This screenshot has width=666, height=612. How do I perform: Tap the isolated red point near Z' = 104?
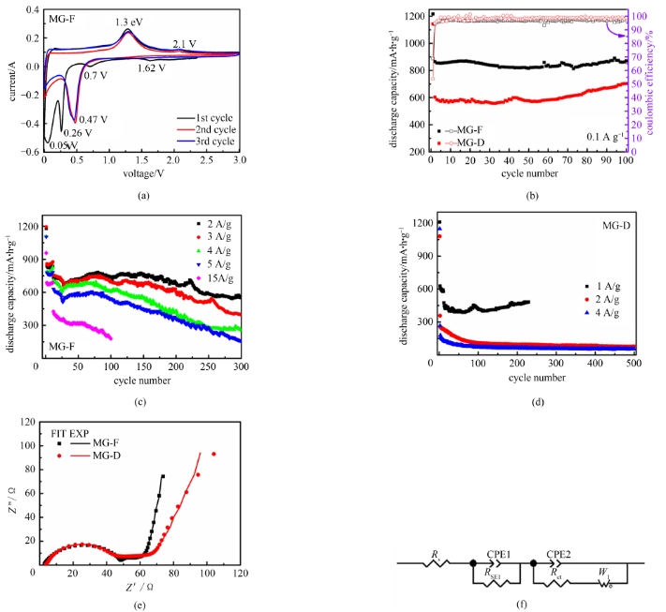pyautogui.click(x=213, y=455)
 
